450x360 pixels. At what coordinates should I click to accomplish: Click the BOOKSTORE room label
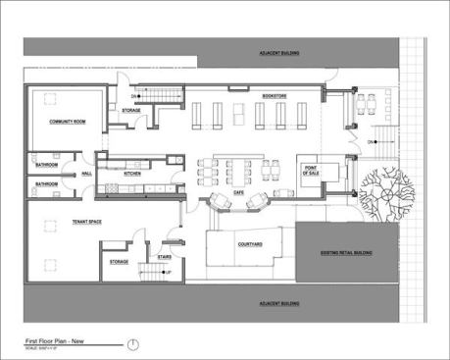pyautogui.click(x=273, y=96)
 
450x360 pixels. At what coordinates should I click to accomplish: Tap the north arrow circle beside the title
pyautogui.click(x=133, y=342)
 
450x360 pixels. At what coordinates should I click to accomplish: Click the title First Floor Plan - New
pyautogui.click(x=62, y=339)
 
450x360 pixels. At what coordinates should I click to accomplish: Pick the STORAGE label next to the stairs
pyautogui.click(x=119, y=262)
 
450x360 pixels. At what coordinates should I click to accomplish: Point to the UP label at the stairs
pyautogui.click(x=168, y=271)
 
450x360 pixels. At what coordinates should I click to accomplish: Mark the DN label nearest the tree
pyautogui.click(x=371, y=143)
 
